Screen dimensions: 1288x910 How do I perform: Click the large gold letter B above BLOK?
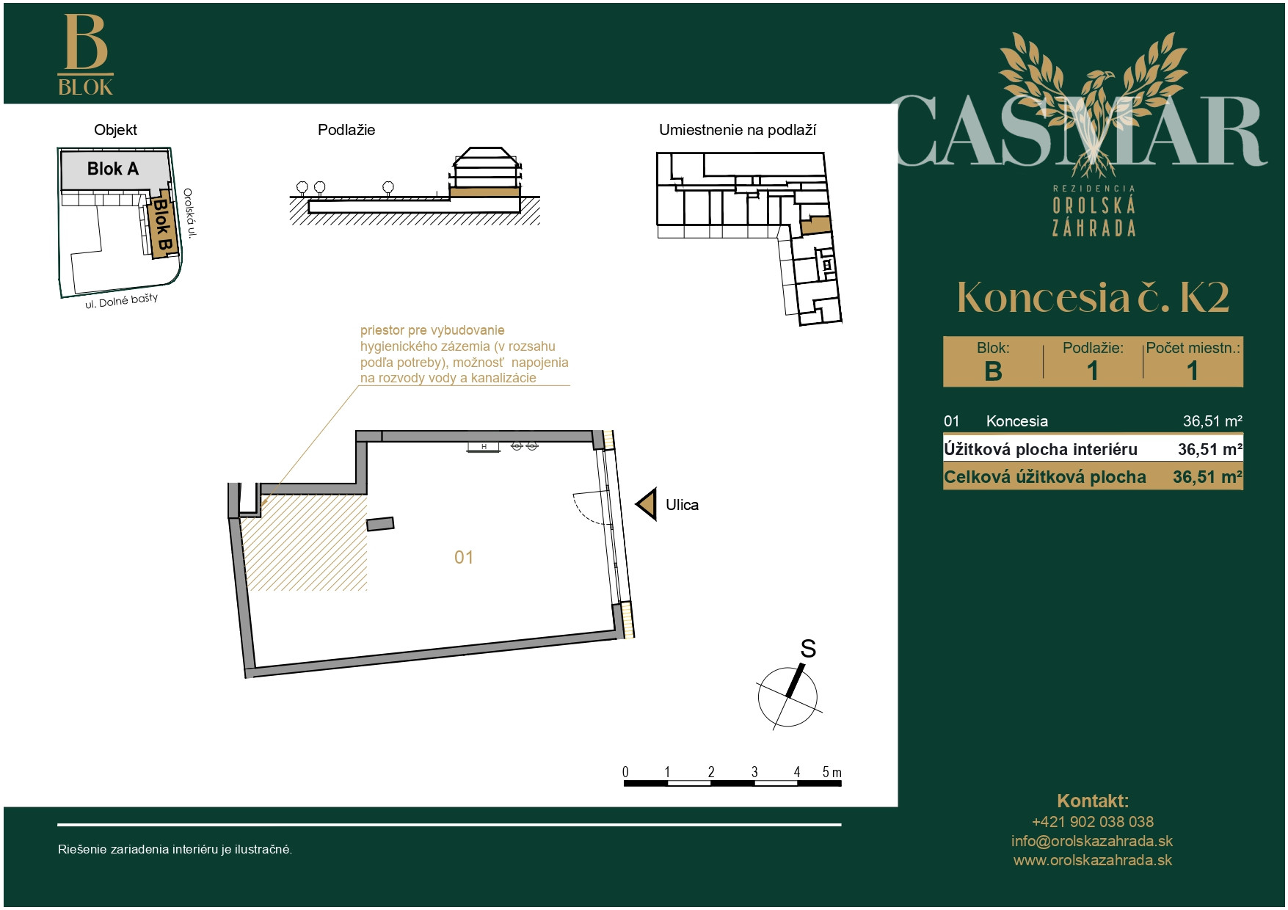pos(86,42)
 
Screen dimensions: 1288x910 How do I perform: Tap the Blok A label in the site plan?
pos(113,169)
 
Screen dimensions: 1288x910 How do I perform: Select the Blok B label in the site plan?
pos(162,225)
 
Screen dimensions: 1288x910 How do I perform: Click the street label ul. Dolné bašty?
pos(121,301)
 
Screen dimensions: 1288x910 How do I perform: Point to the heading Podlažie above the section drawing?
pos(346,130)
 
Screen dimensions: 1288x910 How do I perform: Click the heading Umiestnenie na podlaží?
pos(738,130)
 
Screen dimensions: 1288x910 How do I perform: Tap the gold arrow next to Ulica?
pos(647,504)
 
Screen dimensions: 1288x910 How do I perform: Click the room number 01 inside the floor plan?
pos(464,557)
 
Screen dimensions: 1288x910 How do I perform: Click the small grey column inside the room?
pos(380,523)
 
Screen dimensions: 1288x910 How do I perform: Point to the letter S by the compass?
pos(808,649)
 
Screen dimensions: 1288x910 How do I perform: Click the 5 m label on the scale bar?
pos(832,772)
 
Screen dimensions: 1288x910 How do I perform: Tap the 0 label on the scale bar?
pos(625,772)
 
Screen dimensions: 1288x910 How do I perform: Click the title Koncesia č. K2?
pos(1093,297)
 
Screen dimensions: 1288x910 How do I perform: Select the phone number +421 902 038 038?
pos(1092,822)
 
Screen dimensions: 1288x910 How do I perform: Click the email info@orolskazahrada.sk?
pos(1092,841)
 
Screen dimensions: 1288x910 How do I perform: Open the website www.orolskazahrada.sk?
pos(1092,860)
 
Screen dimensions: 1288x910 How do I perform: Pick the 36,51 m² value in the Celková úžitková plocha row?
pos(1207,477)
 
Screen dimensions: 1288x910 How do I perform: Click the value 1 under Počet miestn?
pos(1193,371)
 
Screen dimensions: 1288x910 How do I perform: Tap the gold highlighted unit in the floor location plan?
pos(815,225)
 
